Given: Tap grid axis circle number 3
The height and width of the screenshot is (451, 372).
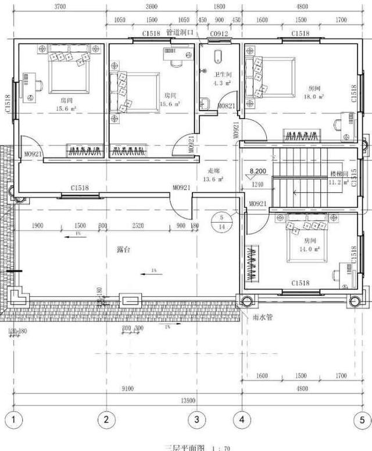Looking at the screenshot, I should pos(196,419).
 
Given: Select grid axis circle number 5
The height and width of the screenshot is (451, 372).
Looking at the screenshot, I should pos(361,419).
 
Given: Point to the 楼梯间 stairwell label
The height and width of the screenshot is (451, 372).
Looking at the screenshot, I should pos(338,173).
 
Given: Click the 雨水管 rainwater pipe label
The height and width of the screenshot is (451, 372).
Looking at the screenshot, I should pos(263,318).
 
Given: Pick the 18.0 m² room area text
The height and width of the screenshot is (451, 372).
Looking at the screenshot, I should pos(316,97).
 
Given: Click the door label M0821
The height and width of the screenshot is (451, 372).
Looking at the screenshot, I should pos(227,106).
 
